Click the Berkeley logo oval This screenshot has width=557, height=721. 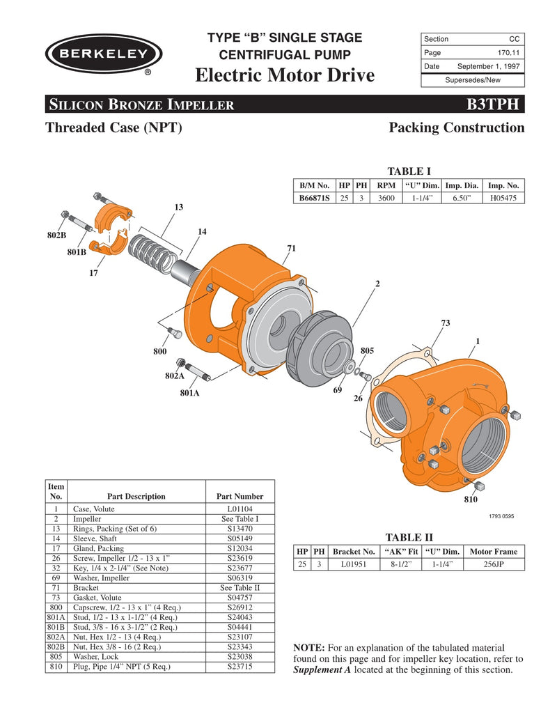click(x=104, y=54)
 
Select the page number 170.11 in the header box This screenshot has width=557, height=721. click(x=506, y=53)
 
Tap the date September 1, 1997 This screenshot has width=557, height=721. click(x=488, y=66)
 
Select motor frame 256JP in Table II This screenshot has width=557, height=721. click(x=494, y=564)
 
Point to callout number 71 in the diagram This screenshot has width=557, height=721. click(x=291, y=249)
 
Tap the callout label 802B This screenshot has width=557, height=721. click(x=57, y=235)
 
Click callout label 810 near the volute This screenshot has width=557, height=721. click(x=471, y=500)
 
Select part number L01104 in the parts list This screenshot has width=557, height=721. click(x=240, y=510)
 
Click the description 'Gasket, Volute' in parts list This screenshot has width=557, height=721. click(x=97, y=598)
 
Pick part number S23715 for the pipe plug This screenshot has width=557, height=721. click(x=240, y=666)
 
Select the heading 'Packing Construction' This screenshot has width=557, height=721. click(x=456, y=127)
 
